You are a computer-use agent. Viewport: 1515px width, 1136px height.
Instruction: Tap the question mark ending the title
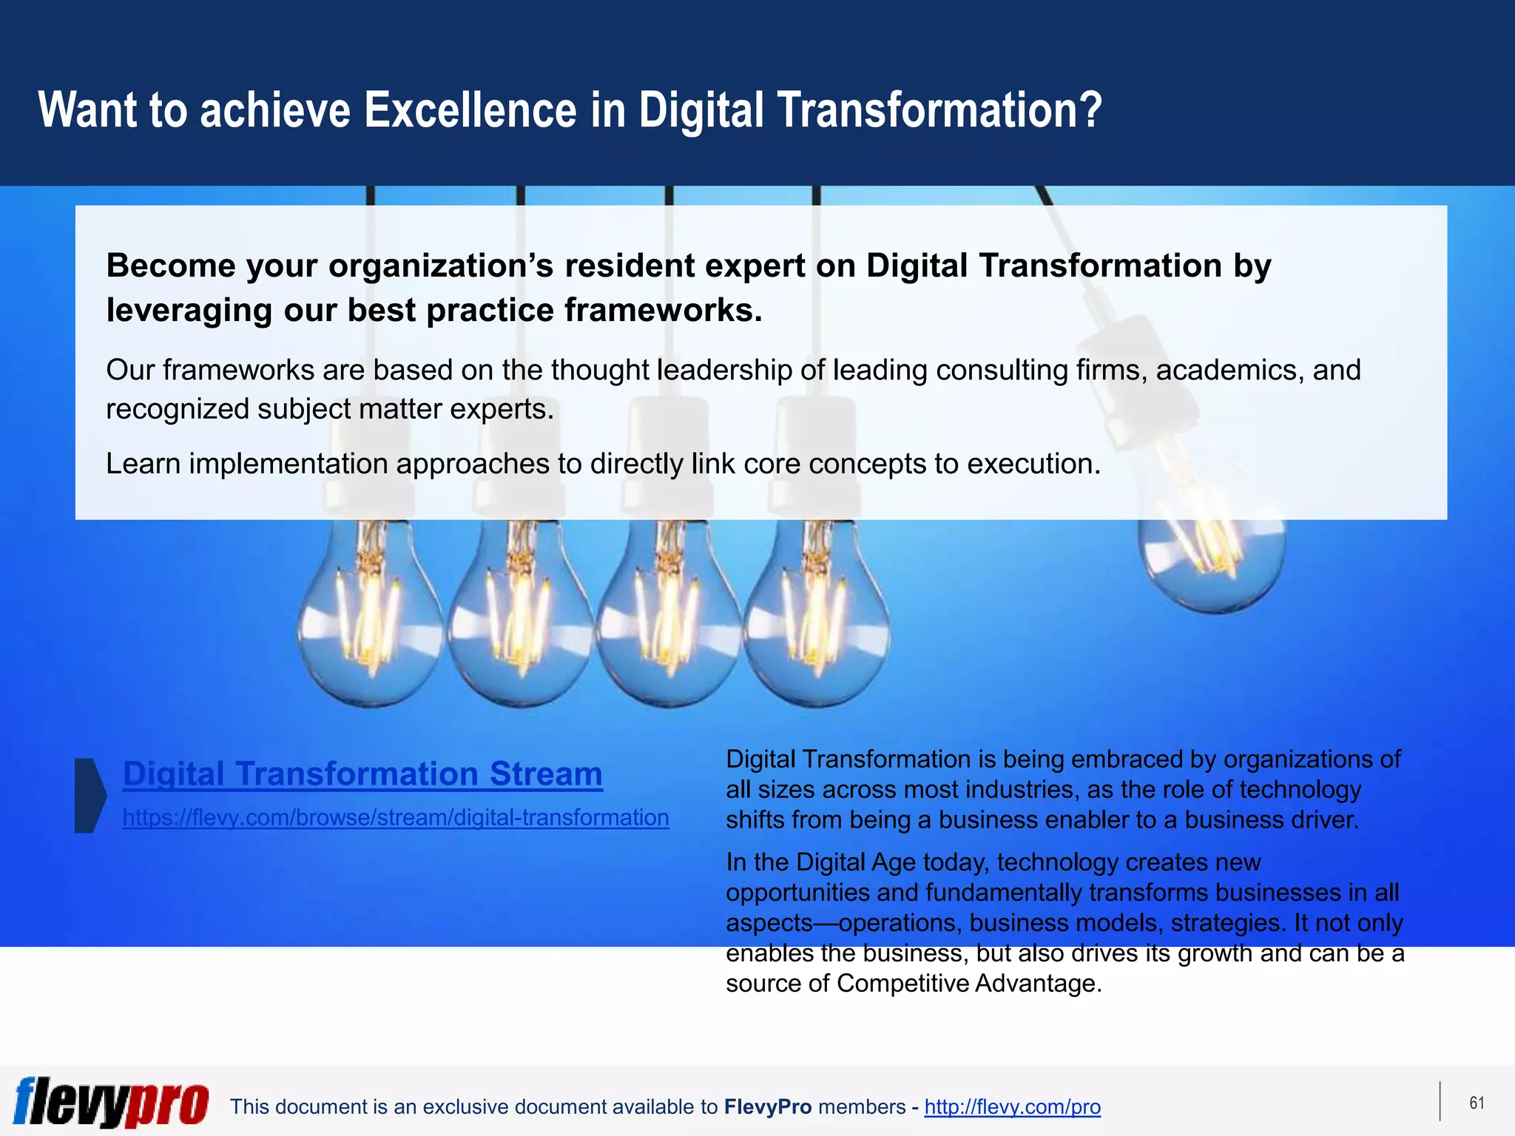1090,110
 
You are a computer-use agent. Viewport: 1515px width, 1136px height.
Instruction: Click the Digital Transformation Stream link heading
362,774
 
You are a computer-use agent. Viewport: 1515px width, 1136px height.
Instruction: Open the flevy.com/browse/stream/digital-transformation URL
396,818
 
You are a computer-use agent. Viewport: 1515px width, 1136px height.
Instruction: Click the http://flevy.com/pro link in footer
1012,1107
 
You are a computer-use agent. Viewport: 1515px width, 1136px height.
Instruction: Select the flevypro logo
111,1102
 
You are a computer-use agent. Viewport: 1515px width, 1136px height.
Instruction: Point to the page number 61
1477,1103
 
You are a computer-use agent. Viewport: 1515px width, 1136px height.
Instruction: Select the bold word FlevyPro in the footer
767,1107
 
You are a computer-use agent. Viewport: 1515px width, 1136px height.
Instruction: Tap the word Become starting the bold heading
171,266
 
